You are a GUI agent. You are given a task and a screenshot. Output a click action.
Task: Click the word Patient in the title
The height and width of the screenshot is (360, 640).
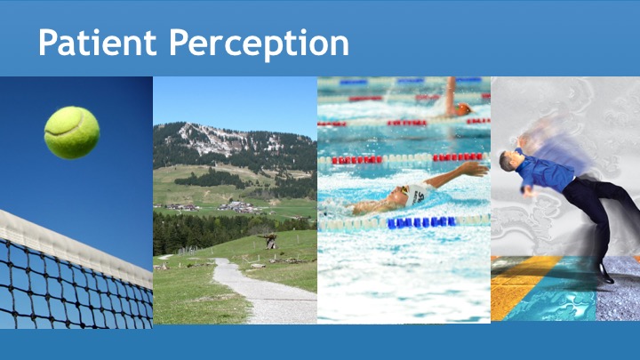click(98, 42)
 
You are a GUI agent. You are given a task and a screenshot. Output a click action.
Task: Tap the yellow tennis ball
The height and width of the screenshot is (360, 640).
click(72, 132)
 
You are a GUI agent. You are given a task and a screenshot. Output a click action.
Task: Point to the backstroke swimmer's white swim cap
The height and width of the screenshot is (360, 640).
click(415, 194)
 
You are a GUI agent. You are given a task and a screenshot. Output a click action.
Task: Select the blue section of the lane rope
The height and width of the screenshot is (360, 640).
click(421, 222)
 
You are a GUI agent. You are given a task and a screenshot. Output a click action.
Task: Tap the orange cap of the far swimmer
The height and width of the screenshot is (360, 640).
click(464, 109)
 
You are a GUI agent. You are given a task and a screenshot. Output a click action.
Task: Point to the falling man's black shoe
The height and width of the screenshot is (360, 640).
click(606, 273)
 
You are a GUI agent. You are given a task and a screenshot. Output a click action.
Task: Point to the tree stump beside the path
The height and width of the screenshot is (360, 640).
click(270, 241)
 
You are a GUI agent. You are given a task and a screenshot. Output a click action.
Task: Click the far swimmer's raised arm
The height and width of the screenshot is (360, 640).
click(451, 96)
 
